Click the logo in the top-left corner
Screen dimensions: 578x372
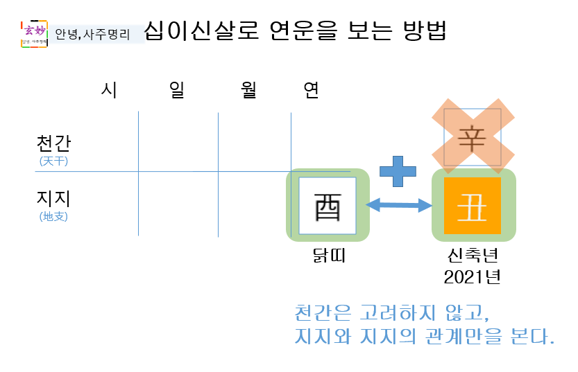point(33,33)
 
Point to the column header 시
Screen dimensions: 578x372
point(109,90)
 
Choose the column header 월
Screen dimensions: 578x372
point(250,90)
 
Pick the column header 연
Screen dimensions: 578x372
point(312,90)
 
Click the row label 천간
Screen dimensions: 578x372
point(53,143)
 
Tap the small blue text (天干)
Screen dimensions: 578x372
point(53,161)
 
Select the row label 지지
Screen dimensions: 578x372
point(53,199)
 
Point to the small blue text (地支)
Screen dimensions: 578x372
point(53,216)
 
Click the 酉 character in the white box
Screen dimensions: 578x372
point(328,206)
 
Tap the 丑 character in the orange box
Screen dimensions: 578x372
point(473,206)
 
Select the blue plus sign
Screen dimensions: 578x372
point(398,170)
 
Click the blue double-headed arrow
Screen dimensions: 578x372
point(399,204)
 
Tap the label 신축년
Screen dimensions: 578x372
point(473,256)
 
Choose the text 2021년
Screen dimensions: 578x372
point(473,276)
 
